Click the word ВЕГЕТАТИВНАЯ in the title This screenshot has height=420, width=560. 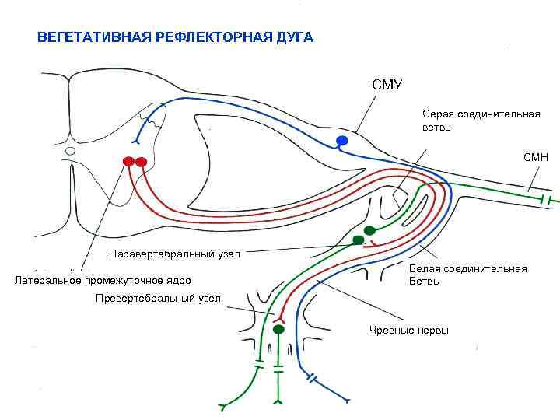89,37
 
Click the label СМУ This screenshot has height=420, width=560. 387,84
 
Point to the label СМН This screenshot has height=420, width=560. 535,157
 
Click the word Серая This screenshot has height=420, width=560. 438,114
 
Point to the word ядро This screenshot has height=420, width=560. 178,280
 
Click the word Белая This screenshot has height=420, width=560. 425,269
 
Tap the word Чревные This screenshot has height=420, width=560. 390,331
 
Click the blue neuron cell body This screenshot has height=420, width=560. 341,140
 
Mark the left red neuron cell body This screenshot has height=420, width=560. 129,162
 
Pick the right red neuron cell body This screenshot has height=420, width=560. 142,162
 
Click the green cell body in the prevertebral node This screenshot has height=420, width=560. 278,330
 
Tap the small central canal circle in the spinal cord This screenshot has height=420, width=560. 71,151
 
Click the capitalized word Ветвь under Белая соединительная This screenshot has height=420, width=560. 424,281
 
